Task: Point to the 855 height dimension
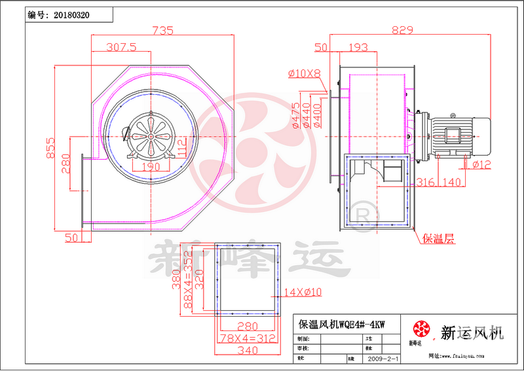click(x=51, y=150)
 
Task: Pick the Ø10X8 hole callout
click(x=305, y=73)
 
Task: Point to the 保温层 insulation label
click(x=438, y=239)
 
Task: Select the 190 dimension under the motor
click(x=150, y=166)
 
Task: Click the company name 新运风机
click(x=472, y=333)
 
